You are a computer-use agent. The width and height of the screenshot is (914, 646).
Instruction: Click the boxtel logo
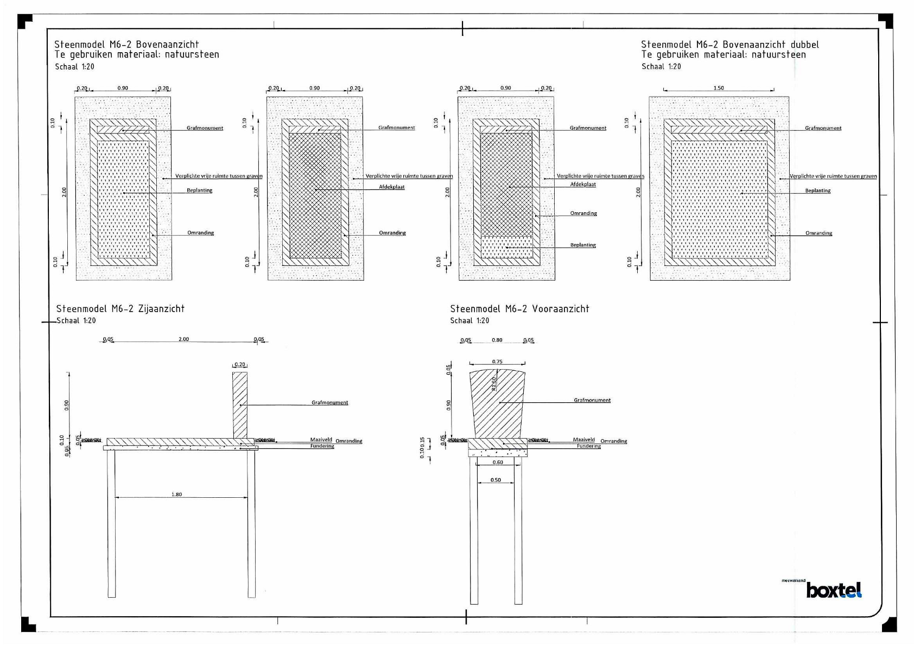coord(834,590)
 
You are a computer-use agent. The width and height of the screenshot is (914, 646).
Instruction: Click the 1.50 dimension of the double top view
coord(719,88)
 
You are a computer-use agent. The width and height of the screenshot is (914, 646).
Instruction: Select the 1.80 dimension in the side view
coord(176,495)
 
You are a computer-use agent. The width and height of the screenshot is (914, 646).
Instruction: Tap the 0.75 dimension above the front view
coord(497,362)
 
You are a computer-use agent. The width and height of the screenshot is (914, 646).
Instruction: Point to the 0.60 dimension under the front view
coord(498,463)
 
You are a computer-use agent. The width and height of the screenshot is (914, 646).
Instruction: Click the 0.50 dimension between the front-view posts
coord(496,480)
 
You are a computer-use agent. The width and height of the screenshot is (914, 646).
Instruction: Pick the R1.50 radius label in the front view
coord(494,384)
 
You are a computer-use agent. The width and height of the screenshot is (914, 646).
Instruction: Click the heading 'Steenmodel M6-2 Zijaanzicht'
coord(120,309)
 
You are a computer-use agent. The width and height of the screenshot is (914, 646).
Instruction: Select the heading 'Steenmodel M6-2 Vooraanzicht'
coord(519,309)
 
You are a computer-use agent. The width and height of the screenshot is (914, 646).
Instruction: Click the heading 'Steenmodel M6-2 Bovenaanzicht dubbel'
coord(729,45)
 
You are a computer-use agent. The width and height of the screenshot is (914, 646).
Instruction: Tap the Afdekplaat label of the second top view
coord(392,187)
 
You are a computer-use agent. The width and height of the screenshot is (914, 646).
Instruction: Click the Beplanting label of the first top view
coord(199,191)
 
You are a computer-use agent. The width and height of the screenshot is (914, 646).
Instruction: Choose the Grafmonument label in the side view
coord(329,403)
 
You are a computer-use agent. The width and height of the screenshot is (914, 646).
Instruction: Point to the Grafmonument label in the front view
coord(592,401)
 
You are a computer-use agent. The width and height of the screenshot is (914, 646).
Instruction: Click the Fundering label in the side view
coord(322,446)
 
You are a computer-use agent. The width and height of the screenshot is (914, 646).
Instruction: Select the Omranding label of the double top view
coord(818,233)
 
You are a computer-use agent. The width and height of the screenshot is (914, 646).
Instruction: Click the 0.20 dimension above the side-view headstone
coord(239,365)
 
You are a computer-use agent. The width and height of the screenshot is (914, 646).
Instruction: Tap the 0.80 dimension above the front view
coord(497,340)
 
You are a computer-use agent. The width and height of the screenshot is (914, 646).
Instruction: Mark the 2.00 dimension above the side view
coord(183,339)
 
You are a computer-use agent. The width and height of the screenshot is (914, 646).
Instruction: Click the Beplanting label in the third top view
coord(583,245)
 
